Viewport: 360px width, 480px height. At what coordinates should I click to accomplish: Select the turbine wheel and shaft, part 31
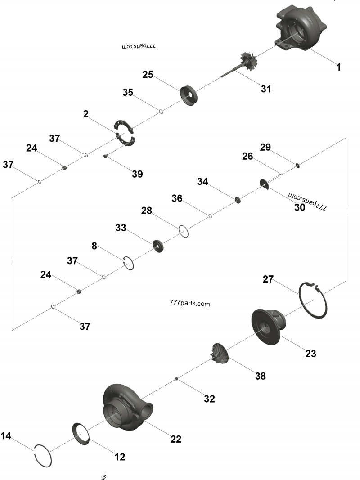[x=243, y=63]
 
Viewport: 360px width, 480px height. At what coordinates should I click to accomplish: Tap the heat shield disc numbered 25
[x=189, y=95]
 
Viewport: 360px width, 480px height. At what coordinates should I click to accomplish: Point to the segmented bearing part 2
[x=124, y=134]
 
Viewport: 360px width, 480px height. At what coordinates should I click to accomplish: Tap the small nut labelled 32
[x=177, y=379]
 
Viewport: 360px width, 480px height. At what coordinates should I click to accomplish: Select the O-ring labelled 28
[x=184, y=231]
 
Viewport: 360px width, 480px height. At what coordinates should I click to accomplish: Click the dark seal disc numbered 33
[x=158, y=246]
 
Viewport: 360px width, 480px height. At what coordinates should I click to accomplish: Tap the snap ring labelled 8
[x=129, y=263]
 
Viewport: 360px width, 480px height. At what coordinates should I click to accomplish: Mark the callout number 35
[x=128, y=93]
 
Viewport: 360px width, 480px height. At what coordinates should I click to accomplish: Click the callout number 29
[x=265, y=147]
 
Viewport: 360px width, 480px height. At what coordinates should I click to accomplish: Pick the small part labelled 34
[x=237, y=200]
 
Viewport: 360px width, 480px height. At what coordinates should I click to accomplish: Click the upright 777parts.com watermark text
[x=190, y=304]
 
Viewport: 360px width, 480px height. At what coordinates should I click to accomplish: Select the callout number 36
[x=177, y=198]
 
